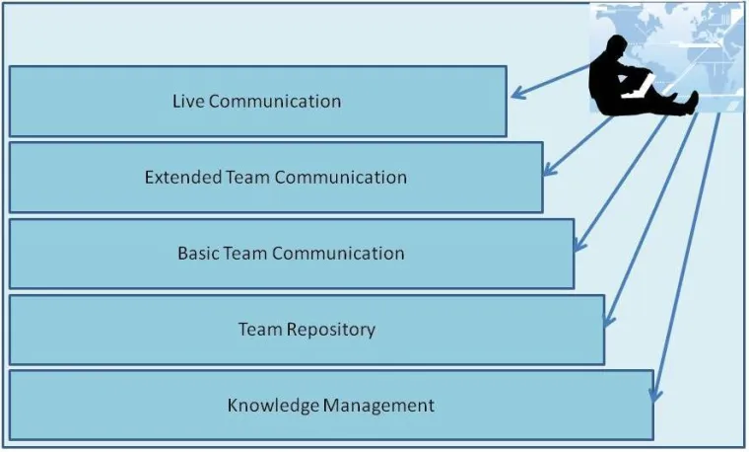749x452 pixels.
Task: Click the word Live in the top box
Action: click(x=188, y=101)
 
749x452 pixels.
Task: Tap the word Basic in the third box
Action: click(x=198, y=253)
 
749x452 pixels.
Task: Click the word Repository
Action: click(x=330, y=329)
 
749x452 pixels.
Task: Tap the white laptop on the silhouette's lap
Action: click(x=642, y=85)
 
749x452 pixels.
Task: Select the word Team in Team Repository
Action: click(x=261, y=329)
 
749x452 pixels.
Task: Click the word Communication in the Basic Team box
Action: click(x=338, y=253)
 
